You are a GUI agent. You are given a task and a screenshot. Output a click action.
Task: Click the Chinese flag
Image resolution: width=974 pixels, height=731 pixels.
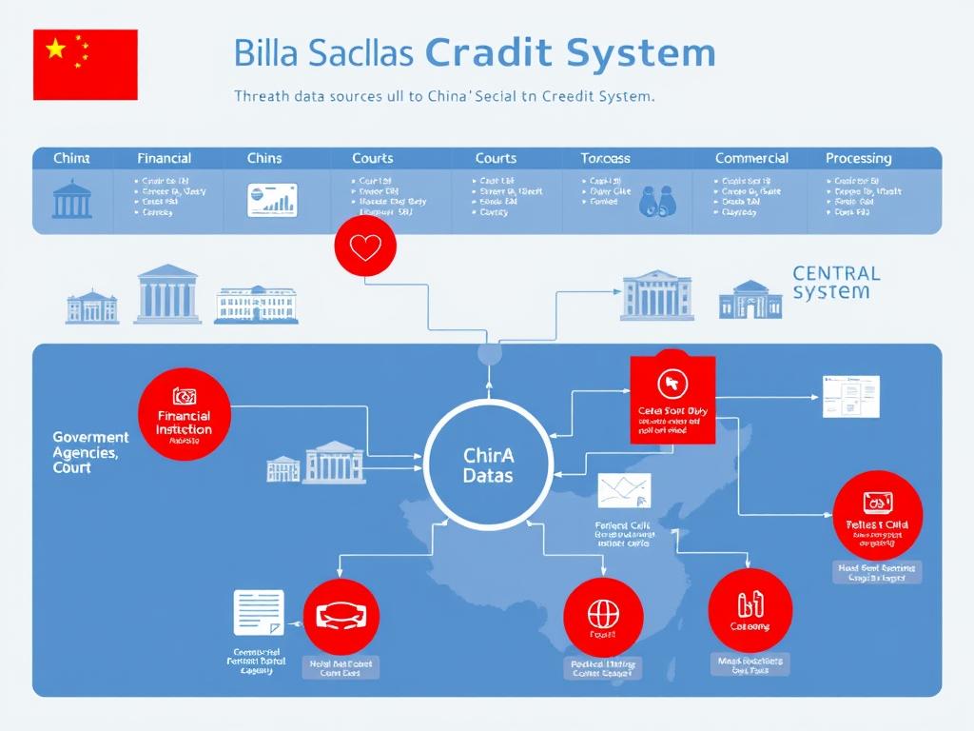pos(86,64)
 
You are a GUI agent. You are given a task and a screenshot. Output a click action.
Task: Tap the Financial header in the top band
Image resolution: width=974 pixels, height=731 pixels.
pos(164,158)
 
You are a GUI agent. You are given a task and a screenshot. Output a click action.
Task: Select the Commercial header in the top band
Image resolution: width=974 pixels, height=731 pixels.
pos(751,158)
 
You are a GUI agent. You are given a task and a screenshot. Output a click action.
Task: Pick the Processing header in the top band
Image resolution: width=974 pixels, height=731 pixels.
pos(858,158)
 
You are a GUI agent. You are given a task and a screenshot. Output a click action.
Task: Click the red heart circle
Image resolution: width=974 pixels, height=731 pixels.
pos(365,247)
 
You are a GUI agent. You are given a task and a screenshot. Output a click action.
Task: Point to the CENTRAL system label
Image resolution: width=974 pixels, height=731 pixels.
pos(835,283)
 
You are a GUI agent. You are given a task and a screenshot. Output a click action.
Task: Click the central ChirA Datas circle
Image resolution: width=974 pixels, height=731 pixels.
pos(488,464)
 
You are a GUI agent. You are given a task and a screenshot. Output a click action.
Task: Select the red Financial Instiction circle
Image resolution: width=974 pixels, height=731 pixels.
pos(185,415)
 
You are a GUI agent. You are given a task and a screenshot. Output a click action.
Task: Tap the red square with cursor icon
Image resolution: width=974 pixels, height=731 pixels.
pos(672,399)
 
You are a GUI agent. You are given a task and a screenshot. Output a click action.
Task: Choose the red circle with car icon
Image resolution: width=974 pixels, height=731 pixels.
pos(341,616)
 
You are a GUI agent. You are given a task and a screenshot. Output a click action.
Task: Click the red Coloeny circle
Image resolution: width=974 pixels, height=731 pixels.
pos(750,609)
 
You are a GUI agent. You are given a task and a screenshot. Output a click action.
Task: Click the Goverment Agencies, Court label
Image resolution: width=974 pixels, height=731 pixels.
pos(86,453)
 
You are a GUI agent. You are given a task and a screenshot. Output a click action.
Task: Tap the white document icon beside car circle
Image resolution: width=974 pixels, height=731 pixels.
pos(259,612)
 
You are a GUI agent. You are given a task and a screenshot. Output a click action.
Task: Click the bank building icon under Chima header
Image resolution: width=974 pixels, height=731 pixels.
pos(71,198)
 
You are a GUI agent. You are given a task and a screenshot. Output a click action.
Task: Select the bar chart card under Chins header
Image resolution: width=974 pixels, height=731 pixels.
pos(272,200)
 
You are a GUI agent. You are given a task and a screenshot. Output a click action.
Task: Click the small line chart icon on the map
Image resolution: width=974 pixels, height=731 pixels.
pos(625,490)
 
